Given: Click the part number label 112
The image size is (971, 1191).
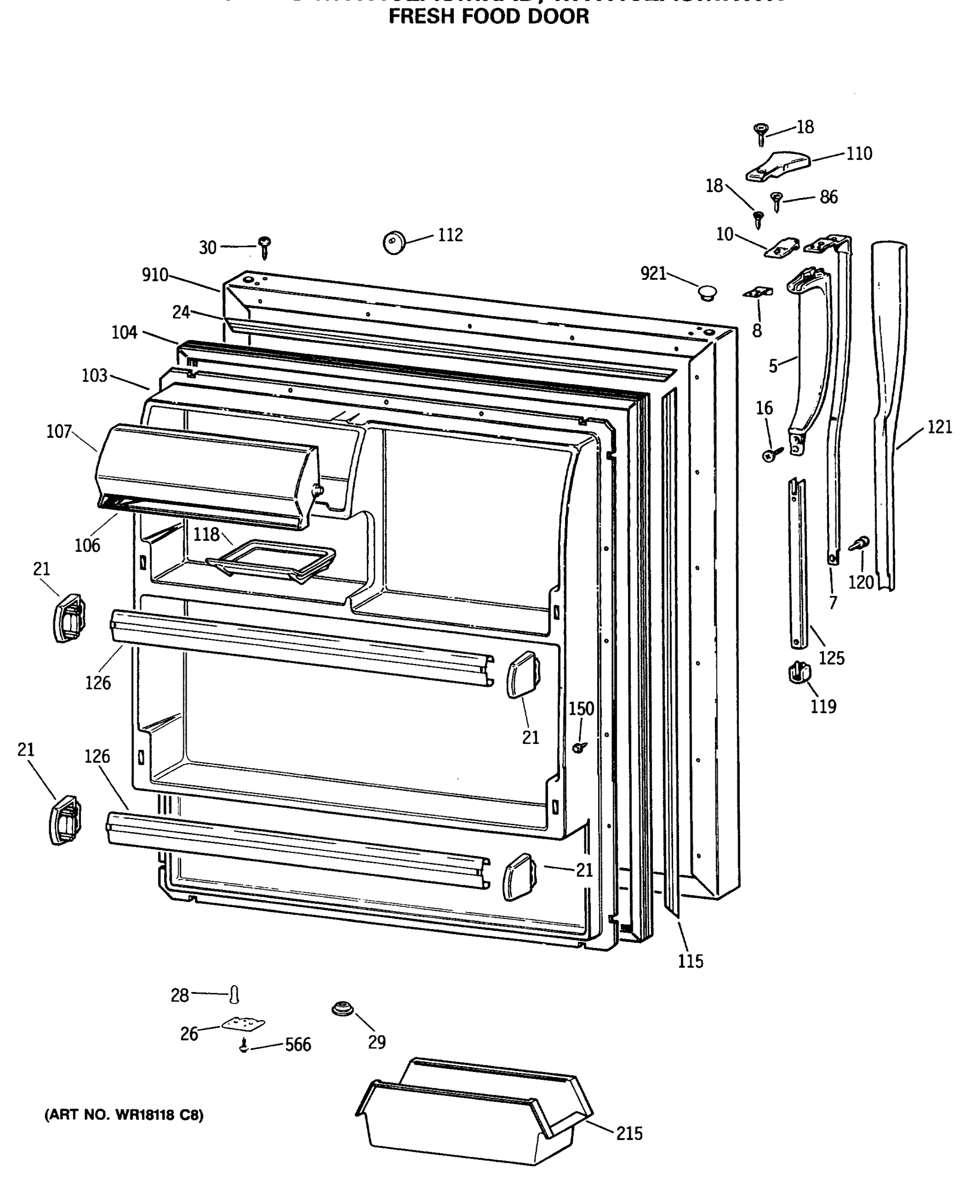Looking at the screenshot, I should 450,235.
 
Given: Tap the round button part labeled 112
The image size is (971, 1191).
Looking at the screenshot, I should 394,243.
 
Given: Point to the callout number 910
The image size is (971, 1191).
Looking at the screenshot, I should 155,274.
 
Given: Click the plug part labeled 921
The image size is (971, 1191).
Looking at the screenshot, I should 707,292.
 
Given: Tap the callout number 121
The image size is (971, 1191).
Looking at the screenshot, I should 939,427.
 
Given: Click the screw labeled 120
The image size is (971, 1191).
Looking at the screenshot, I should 860,543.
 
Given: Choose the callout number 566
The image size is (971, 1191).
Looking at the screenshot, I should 297,1045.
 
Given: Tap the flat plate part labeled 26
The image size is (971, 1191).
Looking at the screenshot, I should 243,1024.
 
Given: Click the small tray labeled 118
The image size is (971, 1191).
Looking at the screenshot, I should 271,560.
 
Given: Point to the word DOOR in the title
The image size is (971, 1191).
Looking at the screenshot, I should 561,17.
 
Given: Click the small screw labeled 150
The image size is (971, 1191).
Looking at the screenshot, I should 579,746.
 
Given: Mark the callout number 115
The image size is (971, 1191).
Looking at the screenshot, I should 690,961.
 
